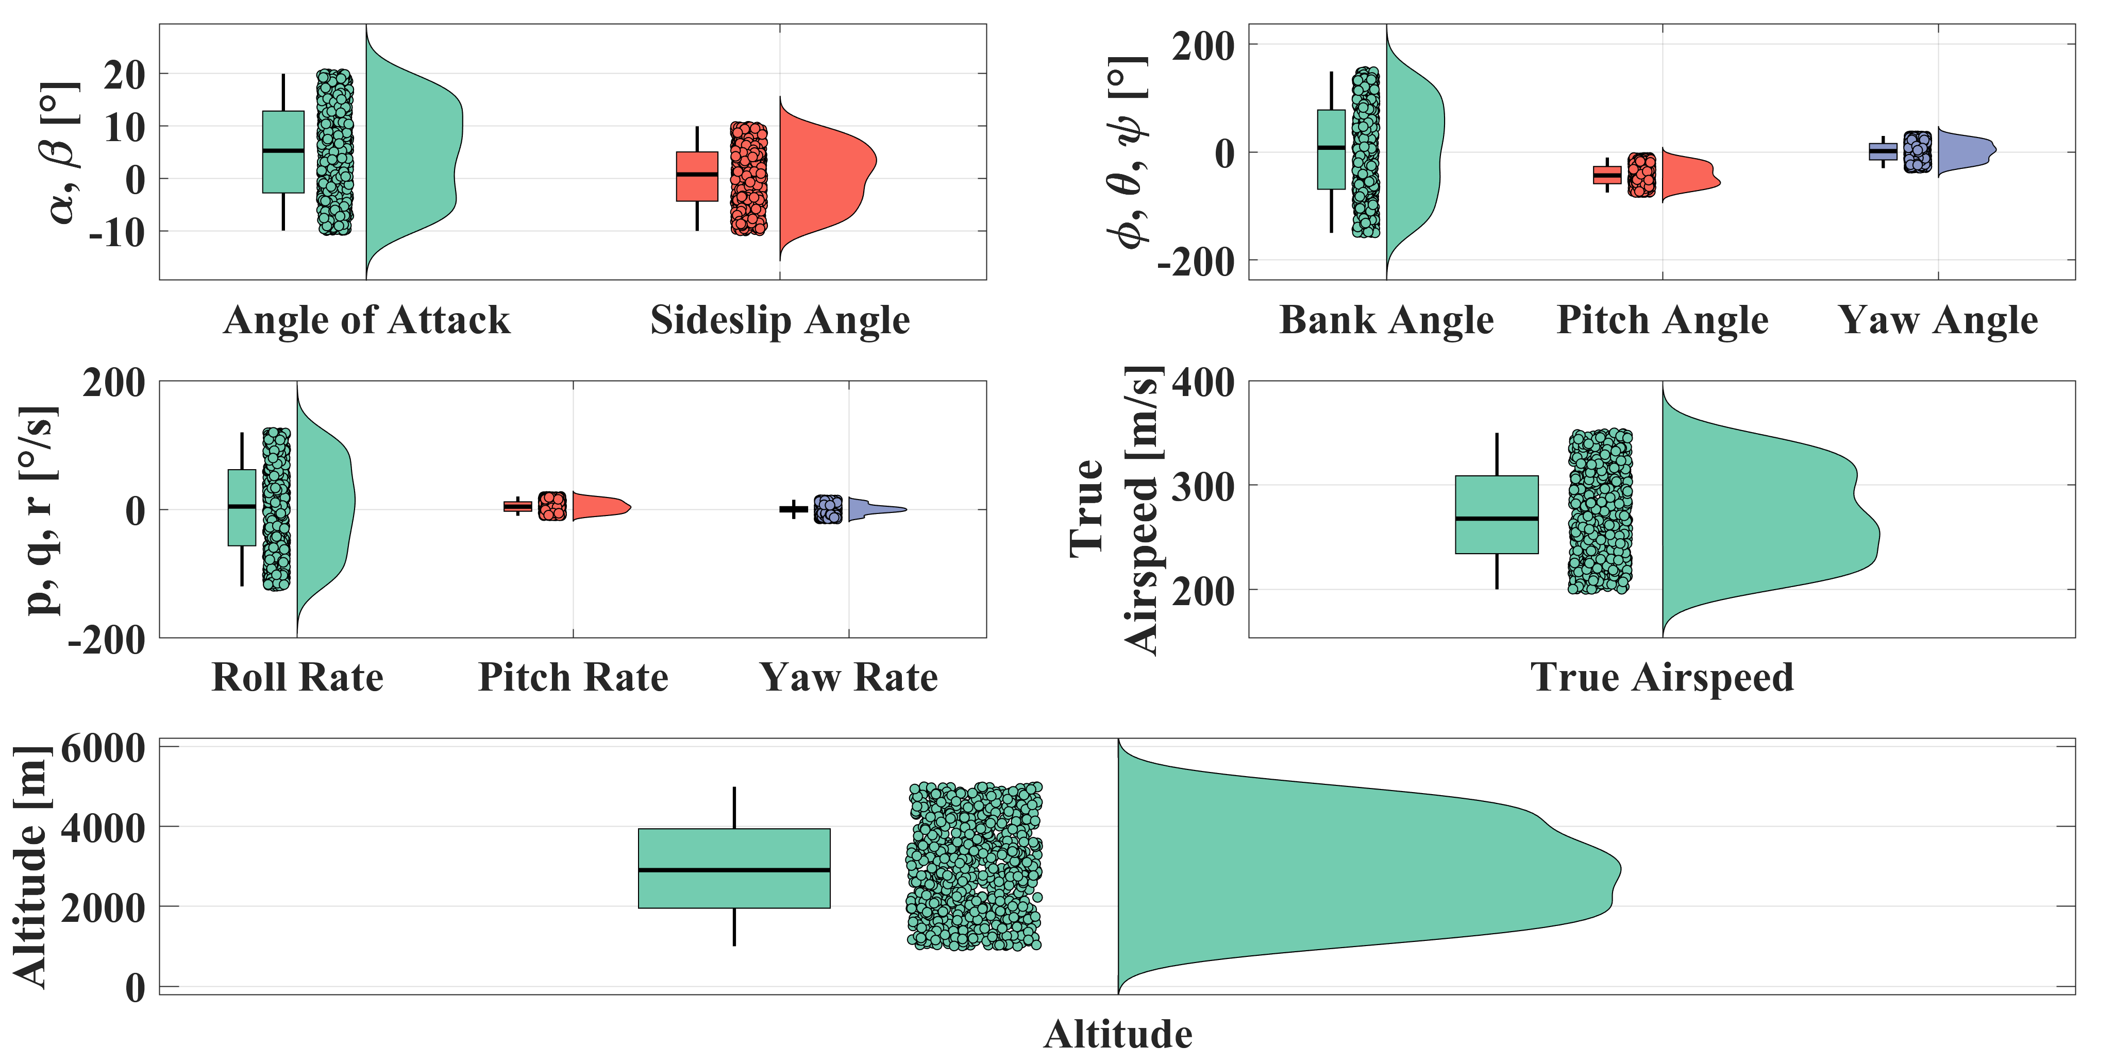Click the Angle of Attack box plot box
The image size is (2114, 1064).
pos(283,152)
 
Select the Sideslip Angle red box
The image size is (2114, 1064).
pos(697,176)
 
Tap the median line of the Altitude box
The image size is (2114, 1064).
pos(734,869)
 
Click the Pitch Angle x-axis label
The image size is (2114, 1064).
pos(1662,320)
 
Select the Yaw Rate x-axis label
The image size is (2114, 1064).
pos(849,678)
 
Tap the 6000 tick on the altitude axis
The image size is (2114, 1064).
pos(103,748)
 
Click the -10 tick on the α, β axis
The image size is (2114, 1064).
pos(116,233)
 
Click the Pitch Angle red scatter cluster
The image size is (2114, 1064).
pos(1641,175)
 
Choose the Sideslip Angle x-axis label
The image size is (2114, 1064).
pos(780,320)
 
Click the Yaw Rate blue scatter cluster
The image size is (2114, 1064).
pos(827,509)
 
